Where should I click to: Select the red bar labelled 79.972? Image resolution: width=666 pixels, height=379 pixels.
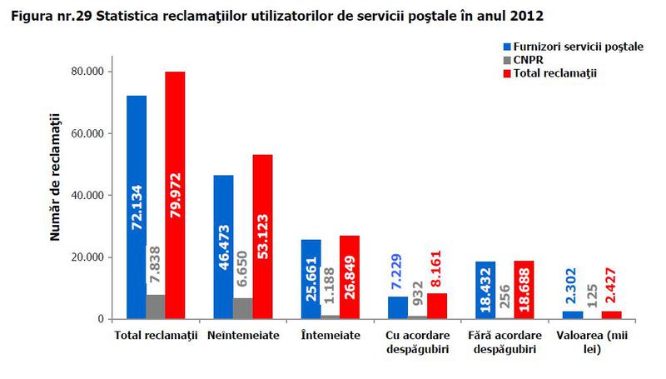tap(175, 195)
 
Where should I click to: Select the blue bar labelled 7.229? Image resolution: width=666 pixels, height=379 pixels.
tap(398, 307)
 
